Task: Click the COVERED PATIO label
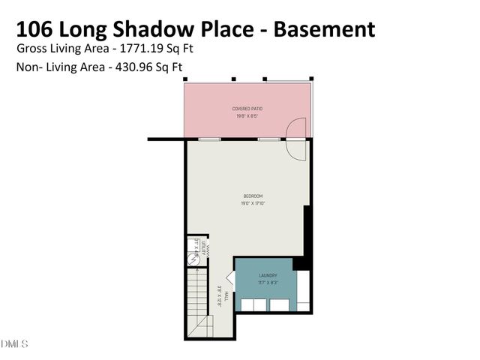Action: [247, 109]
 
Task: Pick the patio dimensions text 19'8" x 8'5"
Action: [247, 116]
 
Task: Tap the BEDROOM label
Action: [252, 196]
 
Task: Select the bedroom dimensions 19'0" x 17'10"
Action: [252, 202]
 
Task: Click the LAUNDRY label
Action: [268, 275]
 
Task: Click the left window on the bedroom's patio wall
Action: [209, 139]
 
